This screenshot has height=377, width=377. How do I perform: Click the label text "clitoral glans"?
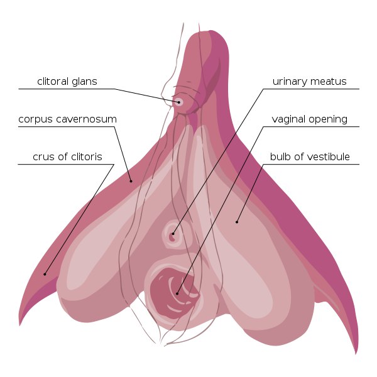pos(67,82)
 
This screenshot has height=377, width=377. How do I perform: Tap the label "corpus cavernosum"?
pos(68,119)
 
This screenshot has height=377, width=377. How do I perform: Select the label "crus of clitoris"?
pos(68,156)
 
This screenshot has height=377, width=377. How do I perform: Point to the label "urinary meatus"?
pos(309,82)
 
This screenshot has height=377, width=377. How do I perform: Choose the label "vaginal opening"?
pos(309,119)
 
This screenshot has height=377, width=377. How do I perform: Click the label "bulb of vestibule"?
pos(310,156)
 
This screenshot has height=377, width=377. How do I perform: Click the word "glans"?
pos(84,82)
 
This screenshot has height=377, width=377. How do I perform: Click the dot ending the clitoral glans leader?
pos(179,102)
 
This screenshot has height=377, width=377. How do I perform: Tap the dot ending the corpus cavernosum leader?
pos(131,181)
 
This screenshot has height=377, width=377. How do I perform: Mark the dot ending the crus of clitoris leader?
pos(45,274)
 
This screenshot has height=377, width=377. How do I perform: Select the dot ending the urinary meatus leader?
pos(173,234)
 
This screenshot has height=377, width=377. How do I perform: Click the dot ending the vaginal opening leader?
pos(177,293)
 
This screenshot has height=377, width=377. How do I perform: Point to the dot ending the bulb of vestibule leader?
pos(237,222)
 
